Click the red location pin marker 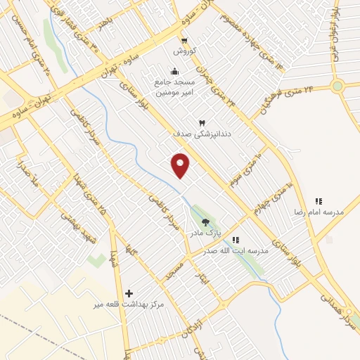[x=181, y=165]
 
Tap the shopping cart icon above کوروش [x=184, y=41]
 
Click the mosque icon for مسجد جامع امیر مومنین [x=174, y=72]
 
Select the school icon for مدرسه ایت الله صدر [x=236, y=240]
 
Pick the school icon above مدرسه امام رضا [x=318, y=200]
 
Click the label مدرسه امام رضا [x=317, y=211]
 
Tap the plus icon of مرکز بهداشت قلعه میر [x=129, y=293]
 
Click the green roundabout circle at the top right [x=337, y=86]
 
